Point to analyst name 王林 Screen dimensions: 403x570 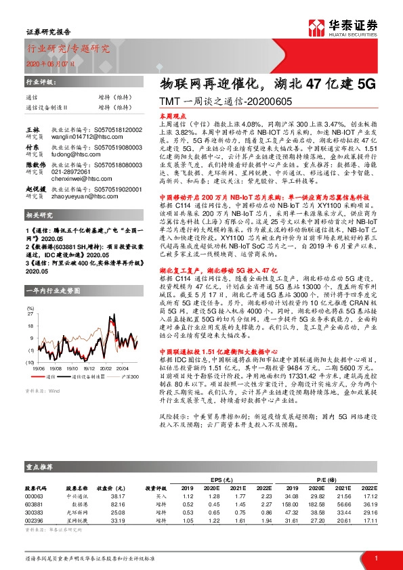[33, 129]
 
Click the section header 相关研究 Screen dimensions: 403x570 [38, 215]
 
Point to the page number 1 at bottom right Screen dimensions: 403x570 [375, 557]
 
